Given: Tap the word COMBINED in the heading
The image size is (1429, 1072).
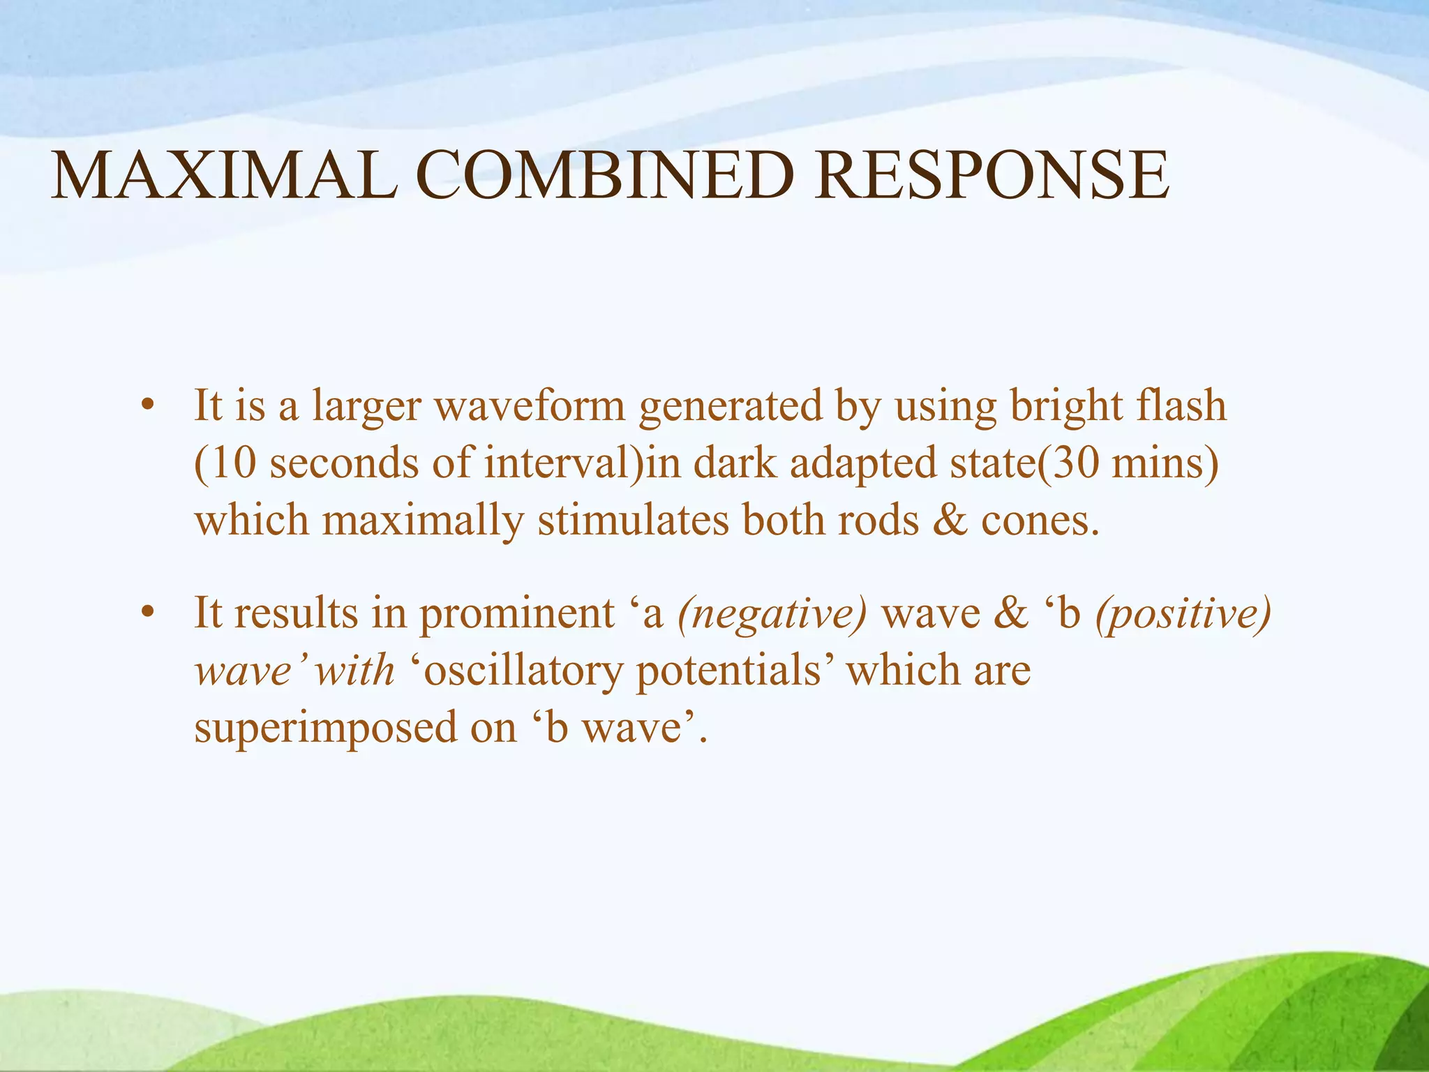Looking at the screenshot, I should click(605, 175).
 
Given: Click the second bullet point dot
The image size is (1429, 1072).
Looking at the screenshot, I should click(146, 613).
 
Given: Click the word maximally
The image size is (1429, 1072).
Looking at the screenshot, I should click(423, 521).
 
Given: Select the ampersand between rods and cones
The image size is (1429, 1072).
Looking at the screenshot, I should click(950, 521).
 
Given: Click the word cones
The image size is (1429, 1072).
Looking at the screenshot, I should click(1040, 521).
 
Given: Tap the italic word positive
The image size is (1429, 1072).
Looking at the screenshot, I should click(1183, 613).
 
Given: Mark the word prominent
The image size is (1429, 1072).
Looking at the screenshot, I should click(516, 613).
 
